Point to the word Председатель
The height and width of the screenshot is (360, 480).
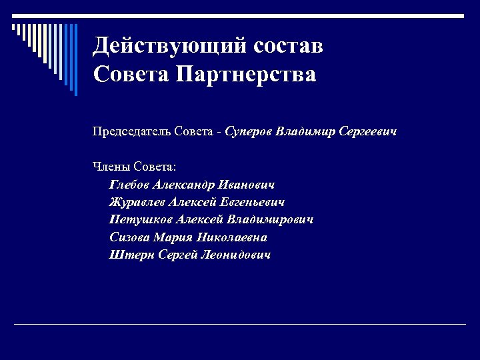(131, 131)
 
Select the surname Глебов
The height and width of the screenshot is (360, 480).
(129, 185)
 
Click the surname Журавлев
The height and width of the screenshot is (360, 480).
(137, 202)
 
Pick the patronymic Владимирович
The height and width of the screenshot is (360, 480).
(271, 219)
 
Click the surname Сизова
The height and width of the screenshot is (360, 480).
(130, 237)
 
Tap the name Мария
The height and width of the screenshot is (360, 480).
(173, 237)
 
